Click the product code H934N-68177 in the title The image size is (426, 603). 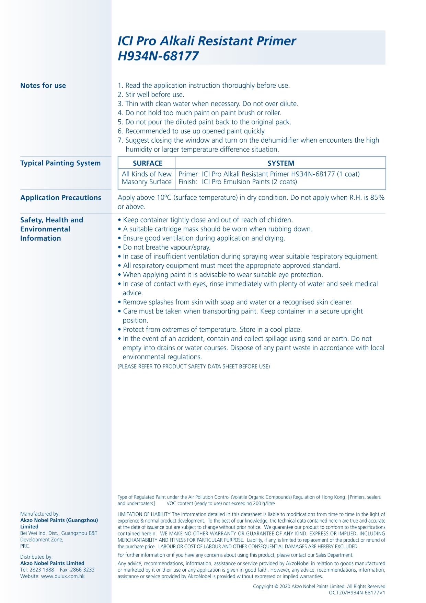(158, 56)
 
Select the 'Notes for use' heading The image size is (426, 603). (43, 86)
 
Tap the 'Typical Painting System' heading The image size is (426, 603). (60, 163)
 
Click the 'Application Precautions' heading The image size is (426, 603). (61, 198)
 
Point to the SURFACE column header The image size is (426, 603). (148, 163)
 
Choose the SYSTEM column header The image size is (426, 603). (281, 163)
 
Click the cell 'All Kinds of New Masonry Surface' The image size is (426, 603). (147, 178)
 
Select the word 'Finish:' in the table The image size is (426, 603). (188, 182)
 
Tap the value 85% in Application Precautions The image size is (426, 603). (377, 198)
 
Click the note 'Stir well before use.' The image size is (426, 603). (154, 95)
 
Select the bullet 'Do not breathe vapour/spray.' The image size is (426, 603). (166, 247)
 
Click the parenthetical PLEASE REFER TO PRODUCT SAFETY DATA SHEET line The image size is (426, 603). (194, 366)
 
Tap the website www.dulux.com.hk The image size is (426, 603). (63, 576)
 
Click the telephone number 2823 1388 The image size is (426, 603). (42, 570)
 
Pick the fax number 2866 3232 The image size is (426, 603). (82, 570)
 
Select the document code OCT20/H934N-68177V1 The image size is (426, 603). (357, 593)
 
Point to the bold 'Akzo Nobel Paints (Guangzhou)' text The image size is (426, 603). (59, 520)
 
